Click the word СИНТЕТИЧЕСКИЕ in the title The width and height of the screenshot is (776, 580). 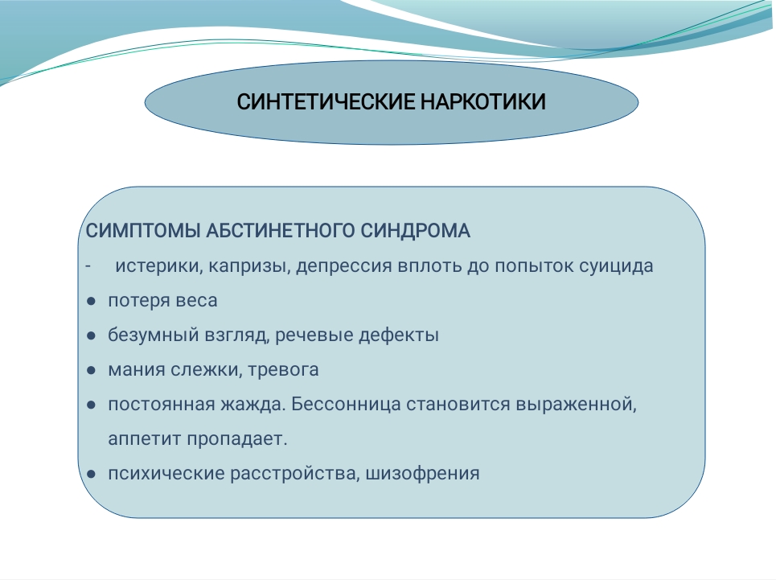(x=326, y=102)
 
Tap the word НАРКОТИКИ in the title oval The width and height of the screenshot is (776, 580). (x=483, y=102)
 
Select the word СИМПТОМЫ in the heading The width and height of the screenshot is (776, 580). (x=142, y=231)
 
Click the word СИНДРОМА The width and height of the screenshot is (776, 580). (x=415, y=231)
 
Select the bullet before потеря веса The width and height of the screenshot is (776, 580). (x=91, y=301)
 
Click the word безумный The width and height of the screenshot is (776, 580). (x=153, y=335)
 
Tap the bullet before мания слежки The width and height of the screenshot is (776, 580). (x=91, y=370)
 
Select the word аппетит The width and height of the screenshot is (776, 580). (x=145, y=439)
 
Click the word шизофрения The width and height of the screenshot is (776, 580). (x=422, y=474)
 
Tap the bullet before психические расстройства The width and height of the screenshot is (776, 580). (x=91, y=474)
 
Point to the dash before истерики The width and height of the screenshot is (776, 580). (x=88, y=267)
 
